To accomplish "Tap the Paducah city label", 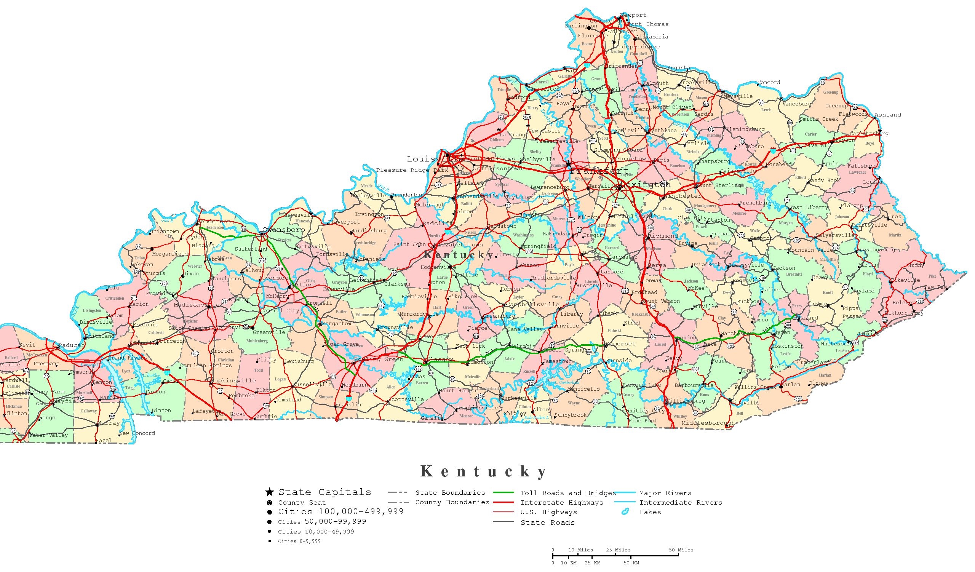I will pos(71,345).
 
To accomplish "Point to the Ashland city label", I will pos(887,115).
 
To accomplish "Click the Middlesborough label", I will pos(708,423).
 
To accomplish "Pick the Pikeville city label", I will pos(905,280).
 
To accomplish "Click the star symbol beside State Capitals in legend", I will pos(269,492).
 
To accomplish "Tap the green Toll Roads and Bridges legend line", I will pos(503,493).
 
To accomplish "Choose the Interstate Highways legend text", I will pos(561,502).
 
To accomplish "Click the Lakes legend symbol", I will pos(625,512).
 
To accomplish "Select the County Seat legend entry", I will pos(302,502).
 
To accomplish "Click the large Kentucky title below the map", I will pos(484,471).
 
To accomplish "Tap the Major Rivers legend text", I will pos(665,493).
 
